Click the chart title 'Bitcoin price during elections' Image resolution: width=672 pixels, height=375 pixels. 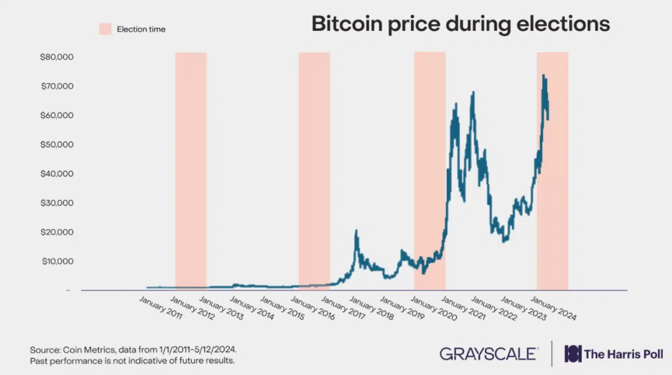point(460,24)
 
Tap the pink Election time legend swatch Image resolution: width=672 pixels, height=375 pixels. point(106,29)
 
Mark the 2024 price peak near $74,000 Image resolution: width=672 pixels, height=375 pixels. point(543,75)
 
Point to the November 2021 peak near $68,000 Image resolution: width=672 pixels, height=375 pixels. point(473,92)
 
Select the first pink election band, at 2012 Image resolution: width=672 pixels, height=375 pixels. point(191,170)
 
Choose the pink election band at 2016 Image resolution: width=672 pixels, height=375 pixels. point(314,170)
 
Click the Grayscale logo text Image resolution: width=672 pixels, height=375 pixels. point(489,354)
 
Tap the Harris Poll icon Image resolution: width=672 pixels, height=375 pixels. point(573,354)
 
